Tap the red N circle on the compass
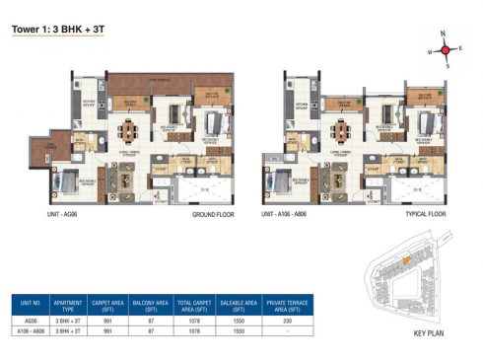click(x=445, y=34)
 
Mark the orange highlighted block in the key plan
click(x=405, y=259)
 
